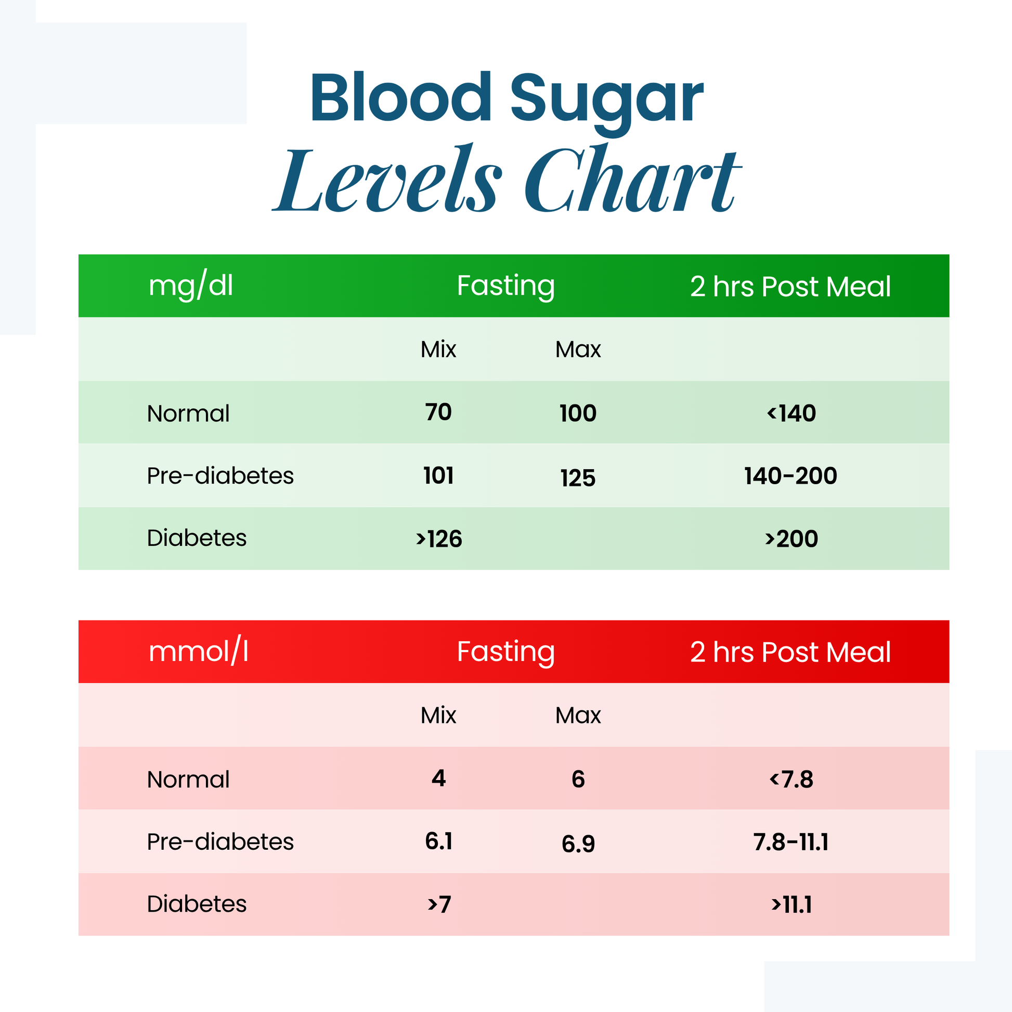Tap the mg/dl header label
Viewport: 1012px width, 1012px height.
pos(191,286)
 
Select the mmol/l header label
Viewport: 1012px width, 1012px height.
pos(198,652)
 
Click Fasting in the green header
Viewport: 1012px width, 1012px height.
pos(505,286)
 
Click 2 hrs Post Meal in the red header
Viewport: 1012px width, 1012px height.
pos(790,652)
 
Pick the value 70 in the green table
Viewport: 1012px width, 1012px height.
pos(438,412)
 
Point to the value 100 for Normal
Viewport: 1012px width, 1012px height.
pos(578,413)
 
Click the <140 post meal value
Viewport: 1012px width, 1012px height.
pos(791,413)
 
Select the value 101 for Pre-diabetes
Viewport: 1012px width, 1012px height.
pos(438,476)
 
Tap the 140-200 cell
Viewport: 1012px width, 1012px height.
pos(790,476)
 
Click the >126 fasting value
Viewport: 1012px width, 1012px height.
pos(439,539)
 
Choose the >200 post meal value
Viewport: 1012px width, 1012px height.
pos(791,539)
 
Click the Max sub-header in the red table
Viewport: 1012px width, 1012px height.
pos(578,715)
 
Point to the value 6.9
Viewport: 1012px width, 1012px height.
pos(578,844)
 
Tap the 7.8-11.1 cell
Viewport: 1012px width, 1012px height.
pos(790,842)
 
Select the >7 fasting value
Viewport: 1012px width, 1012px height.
pos(439,905)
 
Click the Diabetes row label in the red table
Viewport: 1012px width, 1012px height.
pos(197,904)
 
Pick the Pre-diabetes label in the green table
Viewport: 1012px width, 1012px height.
pos(220,476)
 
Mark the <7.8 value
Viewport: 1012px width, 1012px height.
pos(791,780)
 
